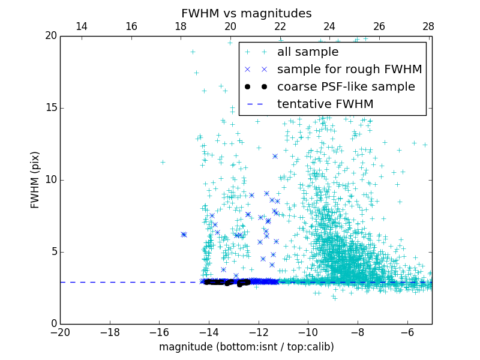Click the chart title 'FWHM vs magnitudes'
(246, 13)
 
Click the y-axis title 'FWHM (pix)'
(35, 180)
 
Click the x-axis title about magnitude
(246, 347)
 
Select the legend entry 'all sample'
(307, 52)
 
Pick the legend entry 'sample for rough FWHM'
(349, 70)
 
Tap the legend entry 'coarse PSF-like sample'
(346, 87)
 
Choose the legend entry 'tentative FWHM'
(325, 104)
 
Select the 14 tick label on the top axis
(82, 26)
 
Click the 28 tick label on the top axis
(428, 26)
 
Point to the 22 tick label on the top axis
(280, 26)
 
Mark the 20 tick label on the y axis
(50, 36)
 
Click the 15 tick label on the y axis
(50, 108)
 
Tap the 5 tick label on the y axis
(53, 252)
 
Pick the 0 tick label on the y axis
(53, 324)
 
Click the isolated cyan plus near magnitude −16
(163, 162)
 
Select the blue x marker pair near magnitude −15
(184, 235)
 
